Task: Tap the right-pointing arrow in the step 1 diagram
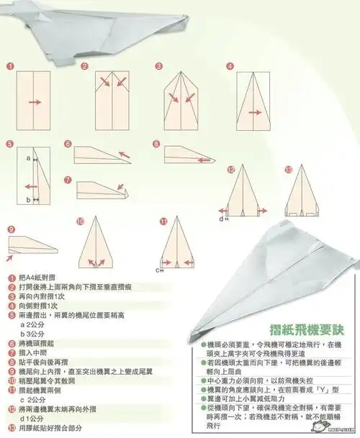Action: [33, 103]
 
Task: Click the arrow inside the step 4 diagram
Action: [253, 113]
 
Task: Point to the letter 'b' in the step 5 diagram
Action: [27, 199]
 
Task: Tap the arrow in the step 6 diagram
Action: [123, 154]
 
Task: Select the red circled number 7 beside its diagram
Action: [68, 180]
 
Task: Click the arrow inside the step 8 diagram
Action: [199, 151]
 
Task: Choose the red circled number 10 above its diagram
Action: [80, 222]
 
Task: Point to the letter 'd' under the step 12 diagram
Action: [222, 217]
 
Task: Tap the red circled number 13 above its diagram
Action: [289, 170]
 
